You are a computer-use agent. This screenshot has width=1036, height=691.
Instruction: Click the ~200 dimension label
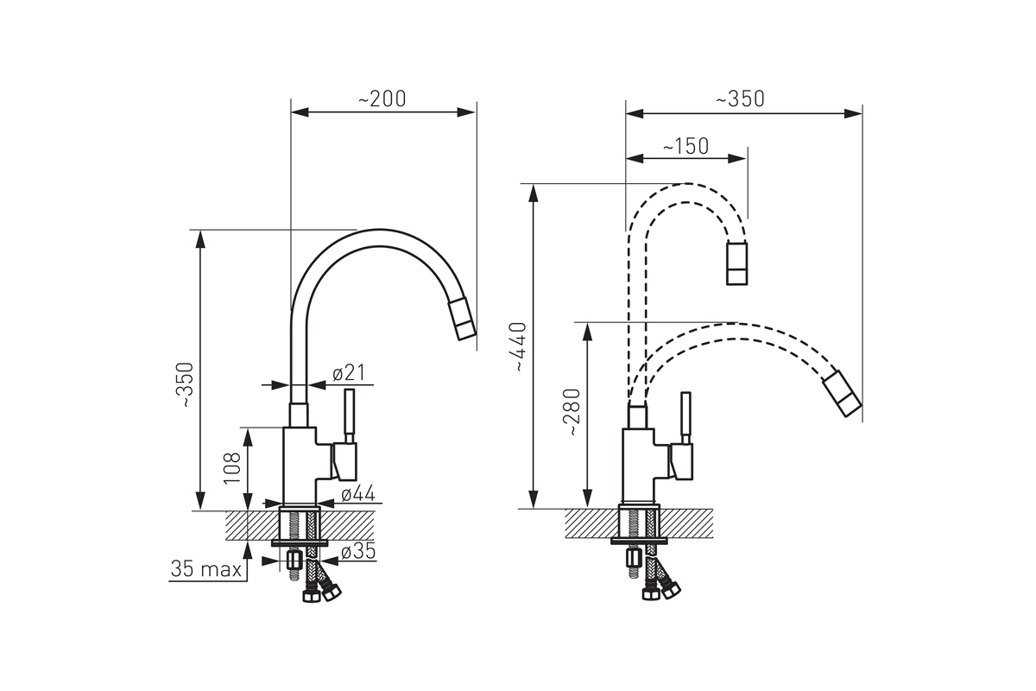coord(382,98)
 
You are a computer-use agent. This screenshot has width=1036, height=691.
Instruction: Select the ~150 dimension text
coord(685,146)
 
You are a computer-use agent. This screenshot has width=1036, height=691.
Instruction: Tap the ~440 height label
coord(520,346)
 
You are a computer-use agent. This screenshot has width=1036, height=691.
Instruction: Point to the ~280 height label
coord(573,412)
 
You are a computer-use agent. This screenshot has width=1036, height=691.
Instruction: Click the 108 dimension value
coord(232,468)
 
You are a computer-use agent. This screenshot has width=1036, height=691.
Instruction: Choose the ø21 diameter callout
coord(349,372)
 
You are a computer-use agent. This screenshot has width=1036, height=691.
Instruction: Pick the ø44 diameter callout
coord(358,494)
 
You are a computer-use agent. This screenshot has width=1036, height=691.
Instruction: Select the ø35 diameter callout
coord(358,551)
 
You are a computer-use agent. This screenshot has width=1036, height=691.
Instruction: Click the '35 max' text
coord(206,569)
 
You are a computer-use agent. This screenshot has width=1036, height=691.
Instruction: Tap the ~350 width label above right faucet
coord(740,99)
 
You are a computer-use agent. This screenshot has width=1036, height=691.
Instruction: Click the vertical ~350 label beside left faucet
coord(186,384)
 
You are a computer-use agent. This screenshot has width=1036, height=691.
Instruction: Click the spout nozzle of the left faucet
coord(462,320)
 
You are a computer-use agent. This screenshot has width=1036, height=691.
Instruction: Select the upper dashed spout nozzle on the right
coord(736,263)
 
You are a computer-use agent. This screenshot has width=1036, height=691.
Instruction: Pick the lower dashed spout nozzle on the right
coord(842,393)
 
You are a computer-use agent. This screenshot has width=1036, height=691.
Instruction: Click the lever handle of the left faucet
coord(350,415)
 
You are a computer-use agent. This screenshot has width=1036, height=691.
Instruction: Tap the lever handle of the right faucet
coord(685,418)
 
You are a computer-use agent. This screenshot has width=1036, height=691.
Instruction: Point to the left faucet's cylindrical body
coord(300,466)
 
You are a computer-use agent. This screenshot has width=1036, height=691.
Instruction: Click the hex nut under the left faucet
coord(294,561)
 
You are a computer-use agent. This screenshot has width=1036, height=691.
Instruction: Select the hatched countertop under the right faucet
coord(639,523)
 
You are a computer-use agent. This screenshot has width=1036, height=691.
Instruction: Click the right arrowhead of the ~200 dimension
coord(466,112)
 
